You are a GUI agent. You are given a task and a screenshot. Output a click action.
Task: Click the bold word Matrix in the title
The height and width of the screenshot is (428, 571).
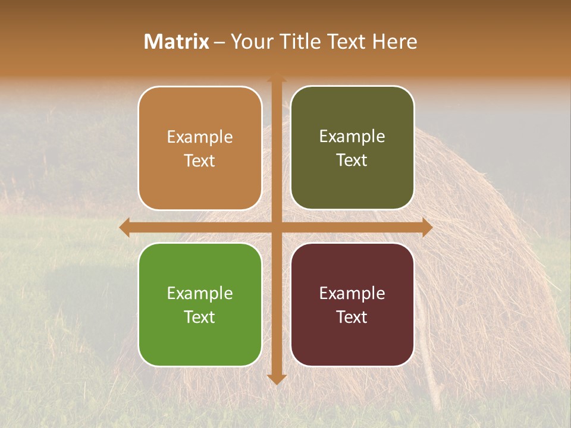tap(177, 42)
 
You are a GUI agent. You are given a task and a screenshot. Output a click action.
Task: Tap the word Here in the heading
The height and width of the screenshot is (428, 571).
tap(394, 42)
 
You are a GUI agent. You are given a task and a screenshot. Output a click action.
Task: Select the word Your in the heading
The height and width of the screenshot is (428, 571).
tap(251, 42)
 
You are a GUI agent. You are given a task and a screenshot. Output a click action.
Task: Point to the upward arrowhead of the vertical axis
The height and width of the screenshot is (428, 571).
tap(277, 78)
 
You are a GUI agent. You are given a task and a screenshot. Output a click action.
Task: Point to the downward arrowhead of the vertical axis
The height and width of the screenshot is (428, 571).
tap(277, 379)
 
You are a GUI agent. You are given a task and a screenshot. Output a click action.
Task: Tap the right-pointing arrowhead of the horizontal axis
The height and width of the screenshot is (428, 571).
tap(427, 227)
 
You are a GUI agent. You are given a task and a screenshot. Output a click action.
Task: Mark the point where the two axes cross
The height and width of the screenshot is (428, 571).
tap(277, 227)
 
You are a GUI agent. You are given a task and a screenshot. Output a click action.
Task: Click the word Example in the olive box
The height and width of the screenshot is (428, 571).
tap(352, 137)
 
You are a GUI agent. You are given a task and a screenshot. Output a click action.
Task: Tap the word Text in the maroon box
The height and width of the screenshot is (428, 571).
tap(352, 317)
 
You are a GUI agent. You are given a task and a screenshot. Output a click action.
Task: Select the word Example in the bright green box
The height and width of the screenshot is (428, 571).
tap(200, 293)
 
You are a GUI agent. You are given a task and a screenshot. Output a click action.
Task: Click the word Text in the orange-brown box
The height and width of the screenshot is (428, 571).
tap(200, 160)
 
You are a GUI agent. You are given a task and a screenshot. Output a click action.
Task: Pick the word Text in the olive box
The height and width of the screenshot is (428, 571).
tap(352, 160)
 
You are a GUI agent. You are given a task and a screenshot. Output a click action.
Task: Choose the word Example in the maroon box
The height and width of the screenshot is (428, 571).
tap(352, 293)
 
